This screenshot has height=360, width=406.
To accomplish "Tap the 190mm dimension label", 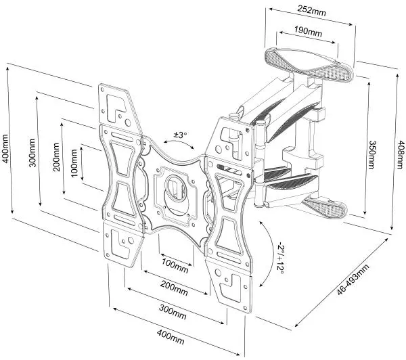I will [307, 31].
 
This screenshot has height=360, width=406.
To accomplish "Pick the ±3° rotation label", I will [181, 135].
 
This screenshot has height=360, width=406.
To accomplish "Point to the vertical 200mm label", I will [56, 162].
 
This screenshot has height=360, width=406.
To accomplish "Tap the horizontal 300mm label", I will [173, 313].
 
